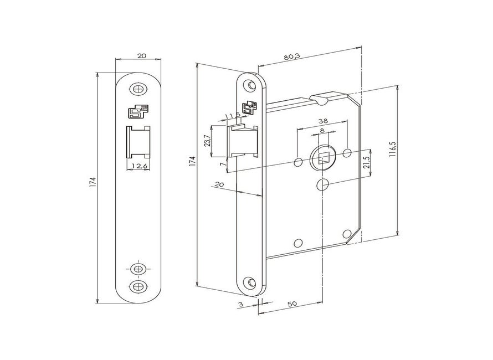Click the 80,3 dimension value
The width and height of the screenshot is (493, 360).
pyautogui.click(x=292, y=56)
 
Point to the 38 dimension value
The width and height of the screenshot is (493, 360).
pyautogui.click(x=323, y=121)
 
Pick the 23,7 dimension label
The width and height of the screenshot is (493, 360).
pyautogui.click(x=207, y=141)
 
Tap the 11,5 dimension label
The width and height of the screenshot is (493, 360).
pyautogui.click(x=233, y=116)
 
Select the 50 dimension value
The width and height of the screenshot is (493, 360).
pyautogui.click(x=292, y=304)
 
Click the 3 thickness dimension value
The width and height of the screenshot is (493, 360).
pyautogui.click(x=241, y=305)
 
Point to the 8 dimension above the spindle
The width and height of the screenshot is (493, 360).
pyautogui.click(x=322, y=130)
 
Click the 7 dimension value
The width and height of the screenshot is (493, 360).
pyautogui.click(x=222, y=164)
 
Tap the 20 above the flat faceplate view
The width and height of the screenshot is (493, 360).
pyautogui.click(x=142, y=55)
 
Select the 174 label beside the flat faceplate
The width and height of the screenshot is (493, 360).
pyautogui.click(x=93, y=182)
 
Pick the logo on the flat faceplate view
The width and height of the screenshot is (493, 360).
pyautogui.click(x=137, y=111)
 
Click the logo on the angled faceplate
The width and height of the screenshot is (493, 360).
pyautogui.click(x=249, y=108)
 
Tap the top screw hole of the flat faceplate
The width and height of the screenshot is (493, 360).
pyautogui.click(x=138, y=89)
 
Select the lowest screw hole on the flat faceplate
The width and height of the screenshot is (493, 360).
pyautogui.click(x=138, y=286)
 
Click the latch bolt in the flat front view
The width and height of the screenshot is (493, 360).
pyautogui.click(x=138, y=142)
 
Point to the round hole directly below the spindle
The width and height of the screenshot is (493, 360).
pyautogui.click(x=322, y=184)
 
